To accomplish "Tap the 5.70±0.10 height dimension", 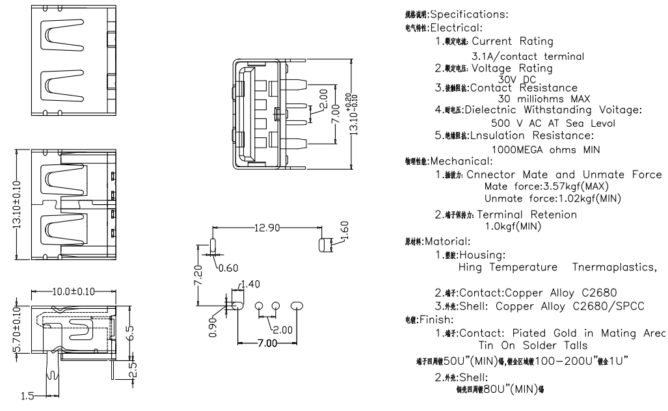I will click(18, 325).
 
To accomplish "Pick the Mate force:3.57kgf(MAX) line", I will click(546, 186).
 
